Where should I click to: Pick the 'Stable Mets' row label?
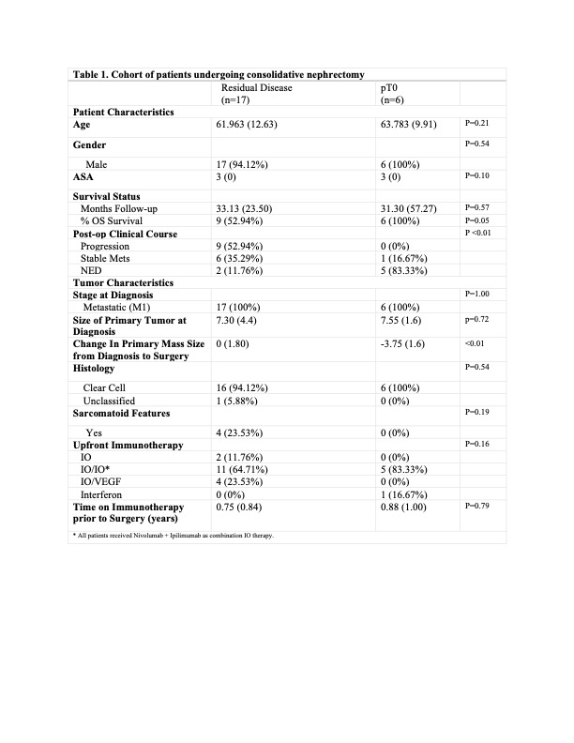pyautogui.click(x=108, y=256)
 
